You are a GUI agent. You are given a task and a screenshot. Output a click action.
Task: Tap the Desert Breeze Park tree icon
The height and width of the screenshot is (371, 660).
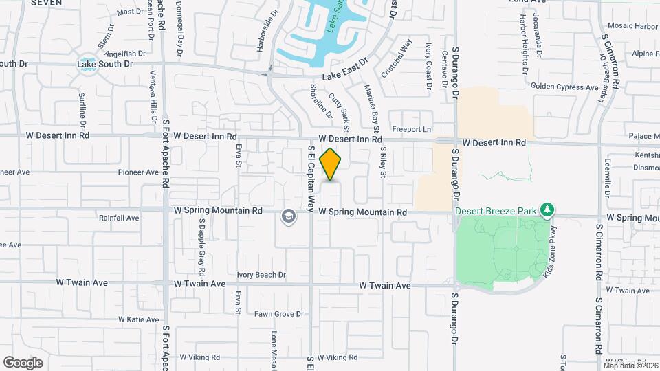pos(547,208)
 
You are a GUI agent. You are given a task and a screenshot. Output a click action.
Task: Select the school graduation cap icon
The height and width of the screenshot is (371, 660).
pos(289,218)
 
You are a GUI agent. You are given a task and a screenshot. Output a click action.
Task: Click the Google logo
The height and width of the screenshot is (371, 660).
pos(23,362)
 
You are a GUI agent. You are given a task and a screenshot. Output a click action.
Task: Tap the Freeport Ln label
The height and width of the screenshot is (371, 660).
pos(411,129)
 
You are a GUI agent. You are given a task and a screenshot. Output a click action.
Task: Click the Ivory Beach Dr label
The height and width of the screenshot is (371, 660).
pos(261,275)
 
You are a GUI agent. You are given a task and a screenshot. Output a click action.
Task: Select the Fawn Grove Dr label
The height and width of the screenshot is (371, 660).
pos(279,314)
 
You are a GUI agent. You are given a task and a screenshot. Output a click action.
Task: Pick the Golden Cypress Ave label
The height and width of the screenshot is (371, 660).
pos(564,87)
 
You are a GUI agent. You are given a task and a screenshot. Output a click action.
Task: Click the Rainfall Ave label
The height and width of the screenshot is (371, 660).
pos(119,218)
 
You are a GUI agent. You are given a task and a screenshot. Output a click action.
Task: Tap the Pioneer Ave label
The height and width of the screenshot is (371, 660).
pos(138,172)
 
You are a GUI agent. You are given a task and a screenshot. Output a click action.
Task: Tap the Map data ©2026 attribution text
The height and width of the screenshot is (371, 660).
pos(630,365)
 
